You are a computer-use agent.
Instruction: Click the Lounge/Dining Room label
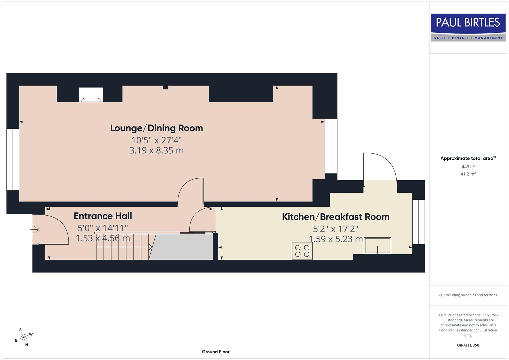tap(156, 128)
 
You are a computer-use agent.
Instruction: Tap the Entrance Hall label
tap(103, 216)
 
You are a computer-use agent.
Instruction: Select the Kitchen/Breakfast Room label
tap(336, 217)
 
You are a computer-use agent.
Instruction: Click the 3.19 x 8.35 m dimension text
tap(156, 150)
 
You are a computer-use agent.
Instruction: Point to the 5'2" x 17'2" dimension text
tap(336, 229)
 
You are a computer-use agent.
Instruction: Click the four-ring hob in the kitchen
tap(302, 251)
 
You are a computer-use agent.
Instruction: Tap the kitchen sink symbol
tap(377, 246)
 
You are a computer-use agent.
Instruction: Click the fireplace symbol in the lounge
tap(91, 95)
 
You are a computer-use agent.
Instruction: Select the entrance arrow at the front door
tap(35, 230)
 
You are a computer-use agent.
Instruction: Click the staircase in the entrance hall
tap(123, 247)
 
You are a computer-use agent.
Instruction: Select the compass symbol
tap(23, 338)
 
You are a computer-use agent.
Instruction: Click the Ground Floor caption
tap(216, 352)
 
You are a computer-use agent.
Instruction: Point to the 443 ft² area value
tap(468, 167)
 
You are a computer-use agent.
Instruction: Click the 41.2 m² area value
tap(468, 174)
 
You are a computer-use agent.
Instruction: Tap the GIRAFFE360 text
tap(468, 345)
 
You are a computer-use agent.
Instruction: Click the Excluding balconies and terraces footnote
tap(468, 295)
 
